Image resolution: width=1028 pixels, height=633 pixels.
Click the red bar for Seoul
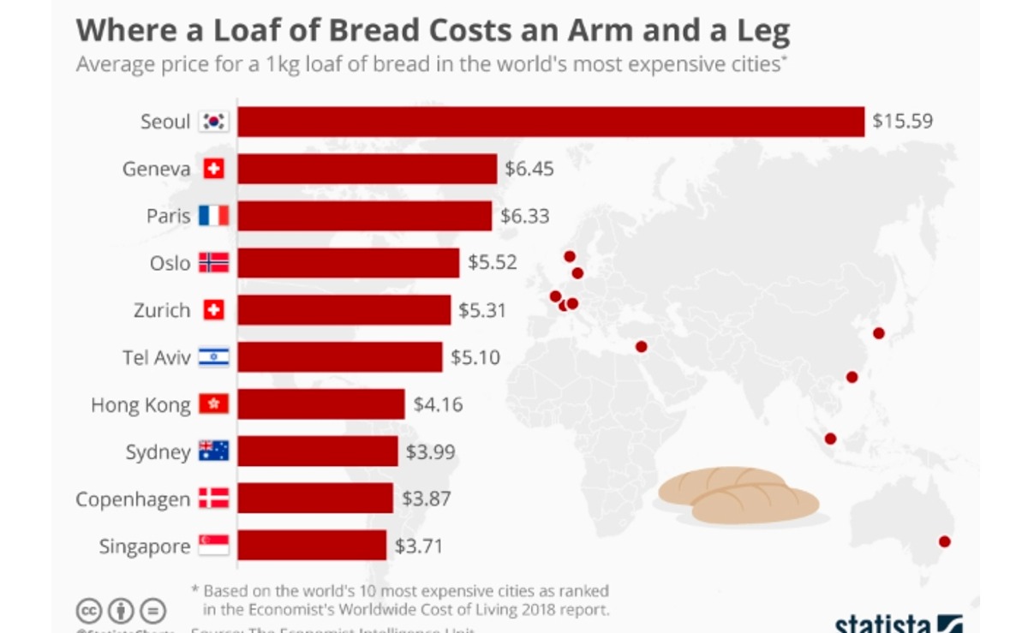point(551,122)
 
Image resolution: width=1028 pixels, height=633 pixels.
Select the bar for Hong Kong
point(321,404)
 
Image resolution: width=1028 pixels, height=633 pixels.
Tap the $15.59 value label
point(902,122)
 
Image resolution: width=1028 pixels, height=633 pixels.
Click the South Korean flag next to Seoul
point(213,122)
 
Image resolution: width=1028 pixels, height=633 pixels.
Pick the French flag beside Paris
point(213,216)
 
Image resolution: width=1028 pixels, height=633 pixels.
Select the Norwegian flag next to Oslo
point(213,263)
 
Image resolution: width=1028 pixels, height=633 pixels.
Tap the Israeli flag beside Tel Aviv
point(213,357)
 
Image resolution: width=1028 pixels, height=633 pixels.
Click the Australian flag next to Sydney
point(213,451)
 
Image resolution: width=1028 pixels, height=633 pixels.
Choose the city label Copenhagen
point(133,499)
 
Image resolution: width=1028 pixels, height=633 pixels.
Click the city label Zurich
point(162,310)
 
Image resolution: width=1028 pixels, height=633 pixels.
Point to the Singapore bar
point(312,546)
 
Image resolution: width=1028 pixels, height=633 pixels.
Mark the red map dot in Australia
point(944,541)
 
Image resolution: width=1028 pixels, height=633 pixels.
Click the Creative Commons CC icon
point(89,611)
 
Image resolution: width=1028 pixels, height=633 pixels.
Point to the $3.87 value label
point(426,499)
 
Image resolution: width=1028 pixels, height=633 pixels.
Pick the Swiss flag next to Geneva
point(213,169)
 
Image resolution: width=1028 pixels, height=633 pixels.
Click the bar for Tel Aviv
point(340,357)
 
